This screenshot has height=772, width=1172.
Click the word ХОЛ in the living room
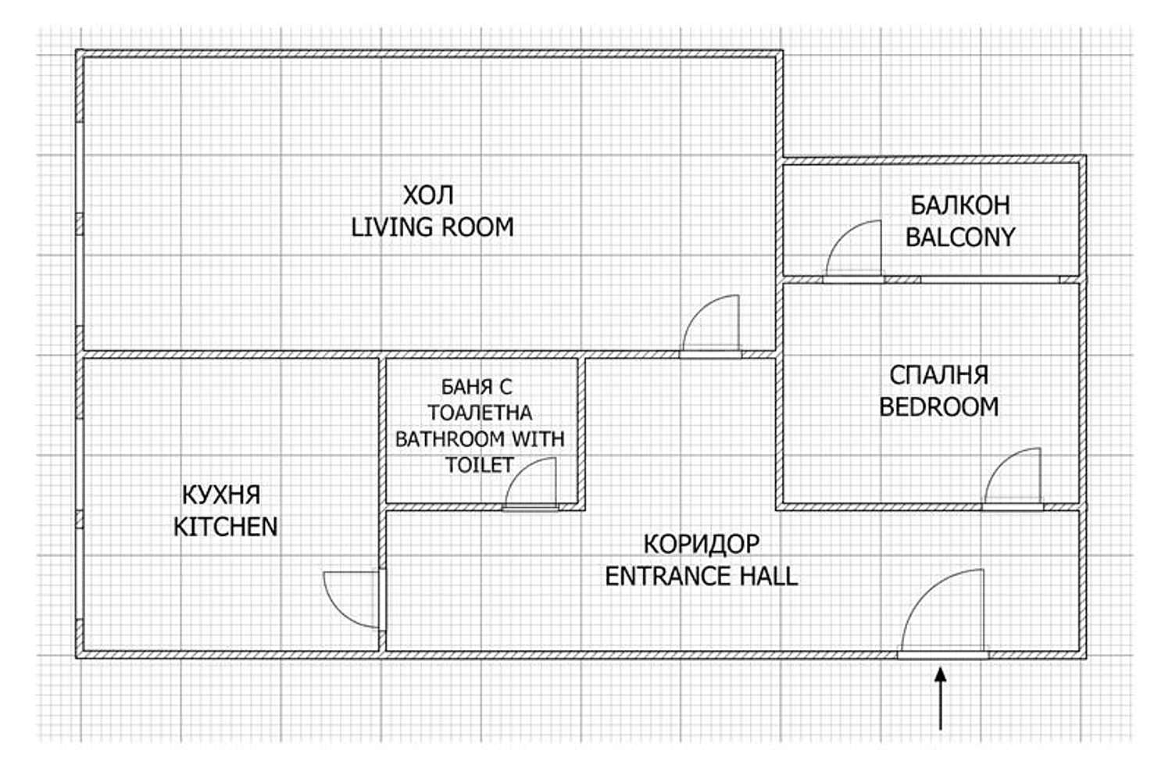click(x=428, y=195)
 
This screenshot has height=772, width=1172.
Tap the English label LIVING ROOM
click(x=432, y=227)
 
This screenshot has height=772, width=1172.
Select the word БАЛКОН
click(x=960, y=206)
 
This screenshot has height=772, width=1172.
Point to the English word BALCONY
click(x=960, y=237)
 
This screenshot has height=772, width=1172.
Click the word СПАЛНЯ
click(x=938, y=375)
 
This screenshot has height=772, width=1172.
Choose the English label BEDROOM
click(x=938, y=407)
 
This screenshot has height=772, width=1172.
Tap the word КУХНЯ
click(x=221, y=495)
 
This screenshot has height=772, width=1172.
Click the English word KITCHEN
click(x=226, y=527)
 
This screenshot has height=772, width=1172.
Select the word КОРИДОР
click(x=701, y=545)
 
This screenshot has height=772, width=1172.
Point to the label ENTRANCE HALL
click(x=701, y=576)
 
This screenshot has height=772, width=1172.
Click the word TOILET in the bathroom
click(x=479, y=465)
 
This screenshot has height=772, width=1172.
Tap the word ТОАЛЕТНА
click(x=480, y=413)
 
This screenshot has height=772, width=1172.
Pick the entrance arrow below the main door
click(x=941, y=699)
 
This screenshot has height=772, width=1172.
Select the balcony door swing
click(x=840, y=235)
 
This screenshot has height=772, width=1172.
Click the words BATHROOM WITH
click(x=480, y=439)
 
